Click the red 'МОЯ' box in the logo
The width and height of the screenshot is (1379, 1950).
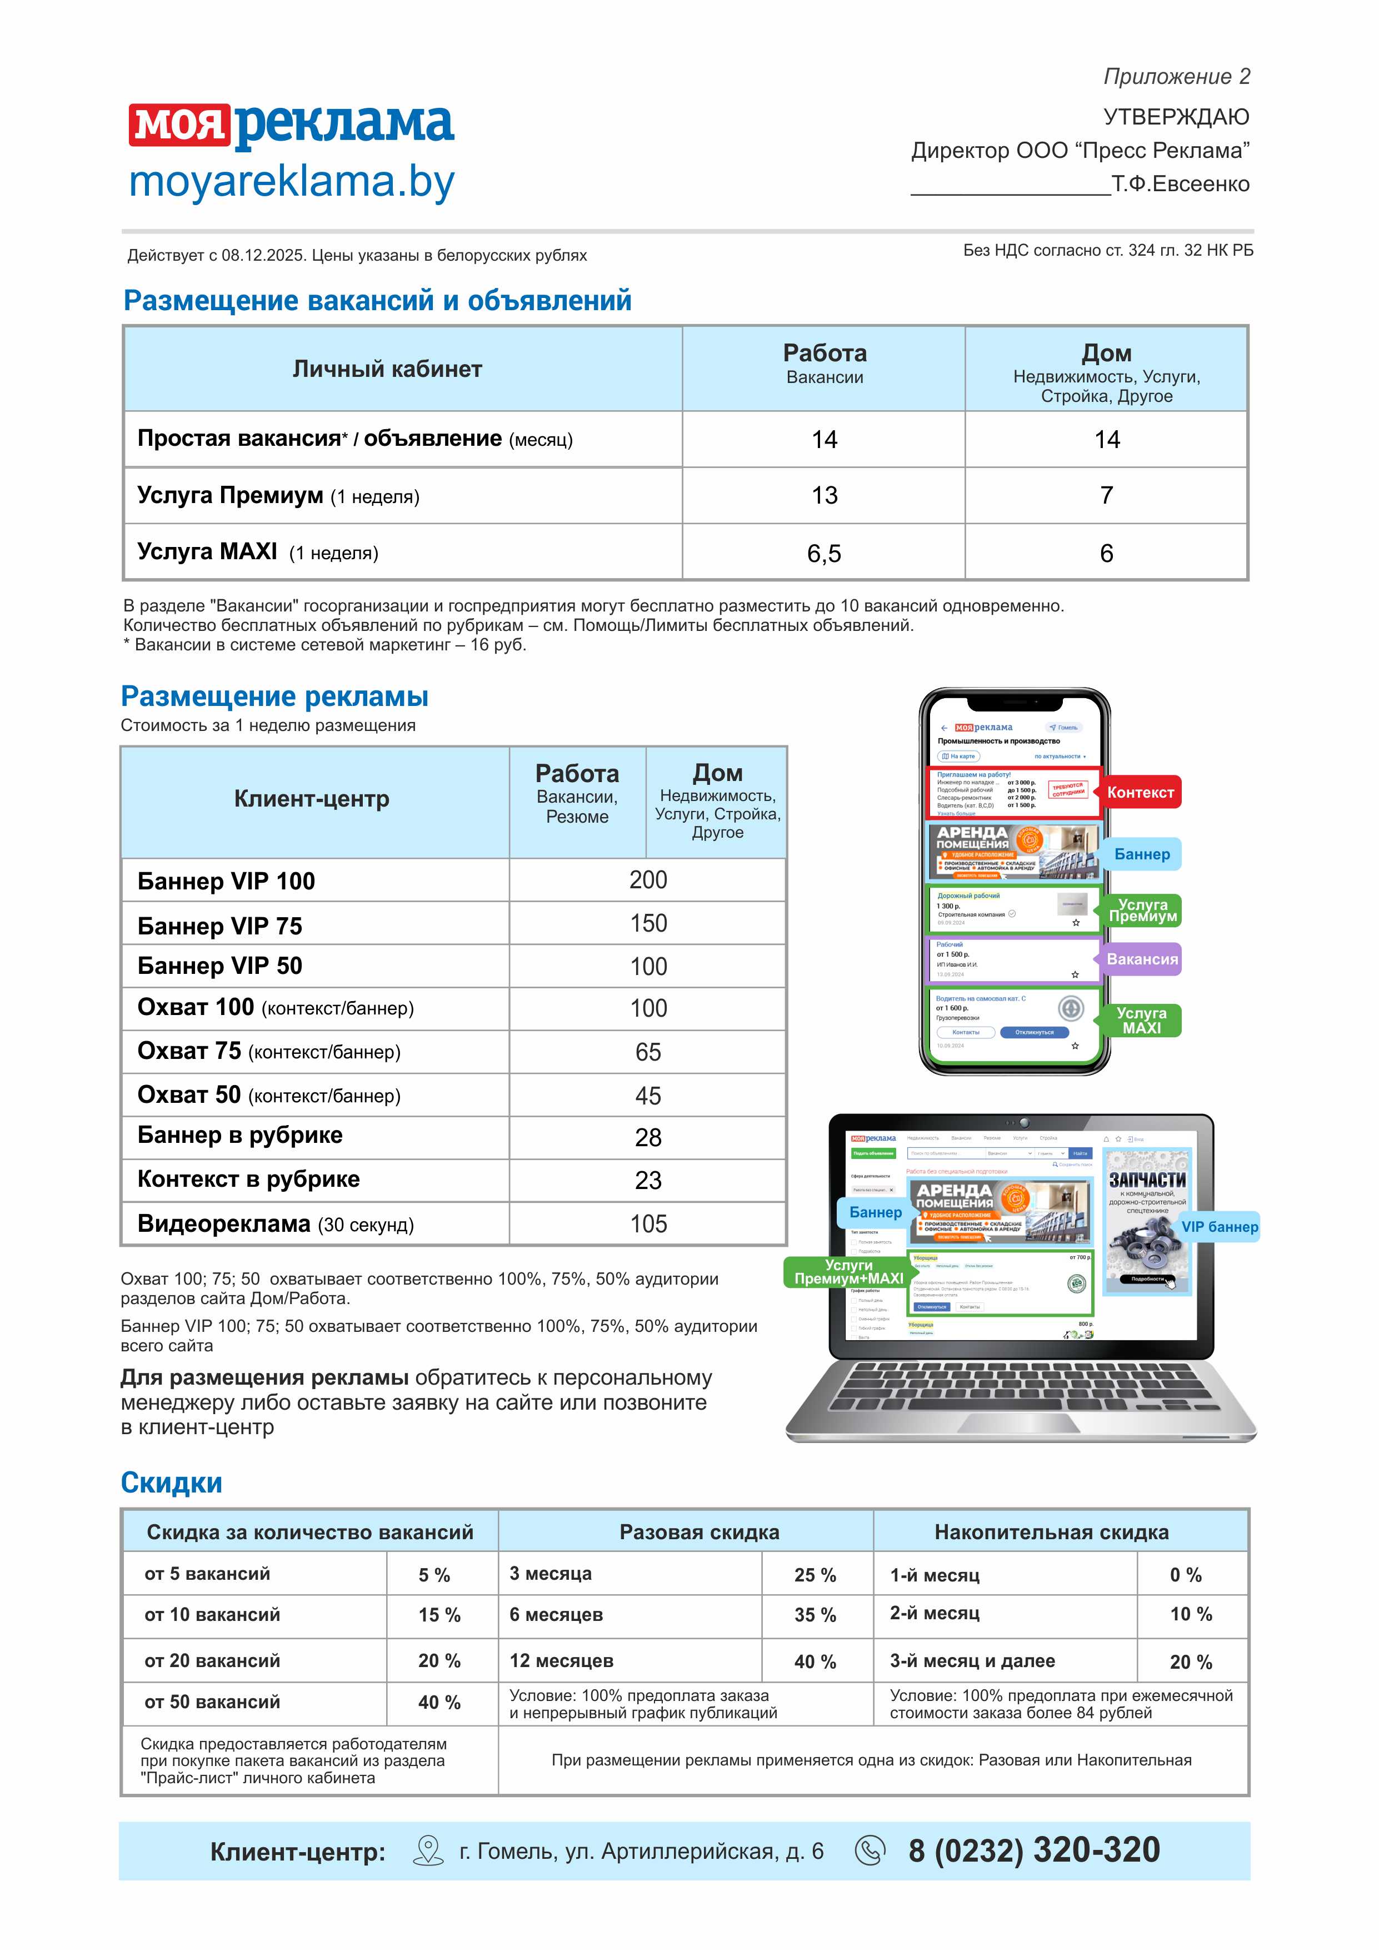[x=179, y=126]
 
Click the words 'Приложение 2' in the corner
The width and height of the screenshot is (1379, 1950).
[x=1176, y=77]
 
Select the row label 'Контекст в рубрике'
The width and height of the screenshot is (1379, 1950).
[x=249, y=1179]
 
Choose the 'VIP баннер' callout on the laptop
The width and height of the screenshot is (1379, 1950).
[x=1220, y=1226]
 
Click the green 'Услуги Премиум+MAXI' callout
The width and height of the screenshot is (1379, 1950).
[x=848, y=1271]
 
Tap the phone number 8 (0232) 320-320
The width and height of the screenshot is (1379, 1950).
[x=1033, y=1850]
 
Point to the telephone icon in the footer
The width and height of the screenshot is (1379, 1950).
[x=868, y=1850]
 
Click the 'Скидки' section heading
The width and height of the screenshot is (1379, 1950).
[x=172, y=1483]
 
